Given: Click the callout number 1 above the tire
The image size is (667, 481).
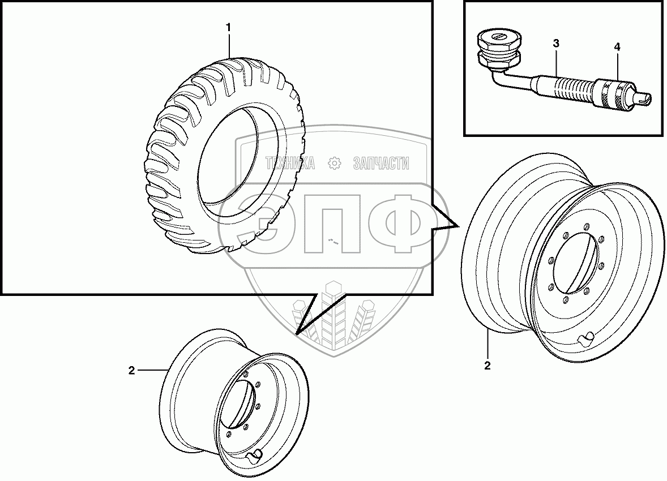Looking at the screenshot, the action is [228, 27].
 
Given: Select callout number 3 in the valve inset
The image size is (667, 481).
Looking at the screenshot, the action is [556, 43].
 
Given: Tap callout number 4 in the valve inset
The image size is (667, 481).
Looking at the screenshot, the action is [617, 47].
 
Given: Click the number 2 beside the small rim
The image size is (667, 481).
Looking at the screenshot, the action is [131, 370].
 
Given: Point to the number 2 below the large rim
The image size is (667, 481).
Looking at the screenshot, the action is [487, 365].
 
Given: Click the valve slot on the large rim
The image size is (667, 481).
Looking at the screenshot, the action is [585, 338].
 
